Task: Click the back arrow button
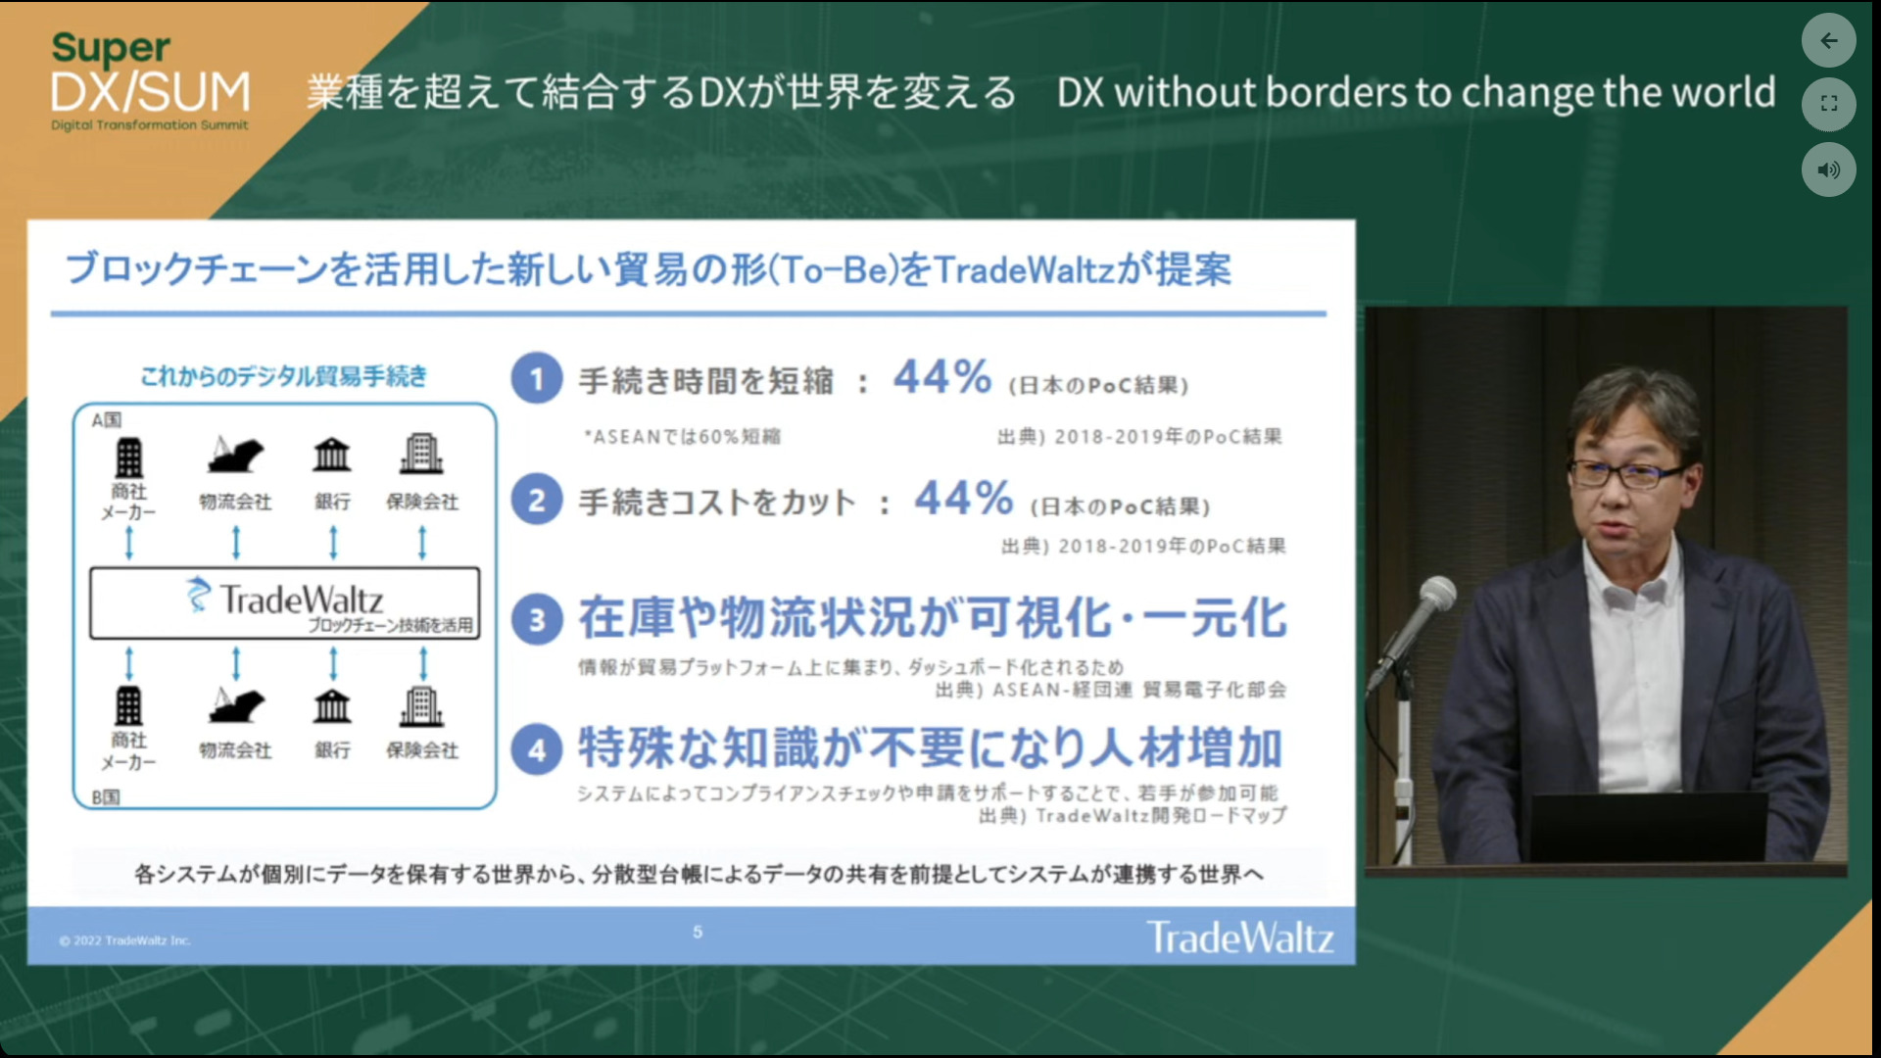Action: [x=1828, y=40]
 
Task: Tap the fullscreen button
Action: [x=1828, y=104]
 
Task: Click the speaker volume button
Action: [x=1828, y=169]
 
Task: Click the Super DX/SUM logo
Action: [x=150, y=81]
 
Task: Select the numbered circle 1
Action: [x=537, y=379]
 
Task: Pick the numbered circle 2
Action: [x=537, y=500]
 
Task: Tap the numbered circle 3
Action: [x=537, y=619]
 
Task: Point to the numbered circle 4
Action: [x=537, y=749]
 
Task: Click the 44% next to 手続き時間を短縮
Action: [x=942, y=377]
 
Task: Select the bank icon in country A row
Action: [x=332, y=455]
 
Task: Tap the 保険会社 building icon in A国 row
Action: [x=421, y=454]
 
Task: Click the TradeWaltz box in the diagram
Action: [x=285, y=603]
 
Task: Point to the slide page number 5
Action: [x=698, y=932]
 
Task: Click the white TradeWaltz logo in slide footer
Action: [x=1240, y=938]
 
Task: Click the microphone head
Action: [x=1436, y=594]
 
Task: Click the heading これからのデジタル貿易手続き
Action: [x=284, y=376]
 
